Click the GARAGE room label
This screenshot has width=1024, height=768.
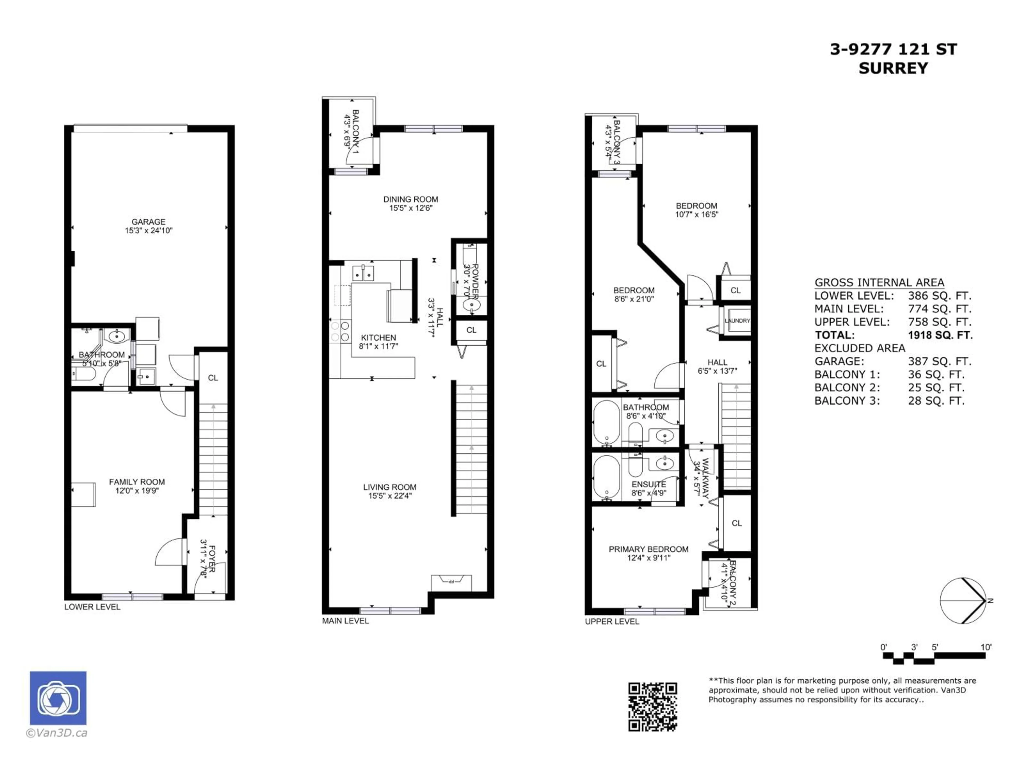coord(148,222)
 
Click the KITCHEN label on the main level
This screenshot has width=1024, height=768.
coord(378,338)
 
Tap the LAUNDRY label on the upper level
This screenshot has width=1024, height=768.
coord(737,320)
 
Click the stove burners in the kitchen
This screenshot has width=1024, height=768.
coord(340,331)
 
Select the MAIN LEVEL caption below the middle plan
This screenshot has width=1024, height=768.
coord(345,621)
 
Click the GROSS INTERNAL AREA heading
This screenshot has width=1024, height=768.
coord(879,282)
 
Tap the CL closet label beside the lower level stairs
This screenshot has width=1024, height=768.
coord(213,378)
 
